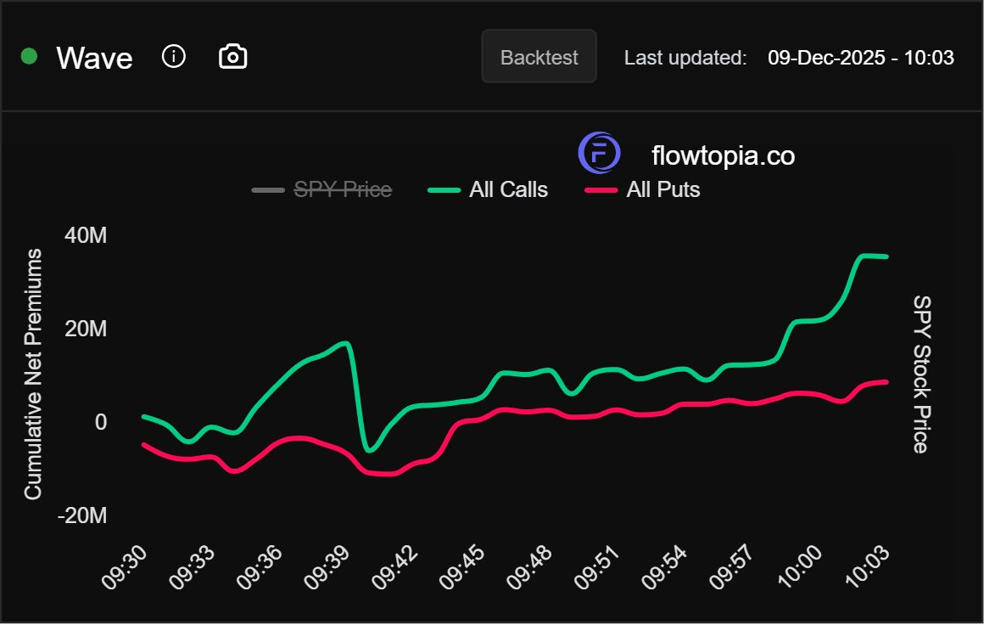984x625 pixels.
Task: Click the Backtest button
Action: tap(539, 57)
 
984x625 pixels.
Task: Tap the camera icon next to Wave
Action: tap(233, 57)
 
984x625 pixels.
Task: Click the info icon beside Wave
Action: tap(173, 57)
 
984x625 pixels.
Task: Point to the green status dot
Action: tap(30, 57)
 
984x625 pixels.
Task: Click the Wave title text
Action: tap(94, 59)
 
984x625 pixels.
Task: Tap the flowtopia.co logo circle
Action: tap(600, 154)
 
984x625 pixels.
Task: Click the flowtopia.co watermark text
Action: tap(723, 155)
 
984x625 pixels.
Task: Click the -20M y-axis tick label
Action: tap(82, 515)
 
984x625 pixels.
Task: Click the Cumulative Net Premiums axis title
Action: tap(33, 374)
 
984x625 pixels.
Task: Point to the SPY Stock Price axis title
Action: tap(920, 374)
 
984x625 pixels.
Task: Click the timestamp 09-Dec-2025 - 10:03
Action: tap(860, 58)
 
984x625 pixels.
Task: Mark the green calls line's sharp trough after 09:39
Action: tap(369, 449)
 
